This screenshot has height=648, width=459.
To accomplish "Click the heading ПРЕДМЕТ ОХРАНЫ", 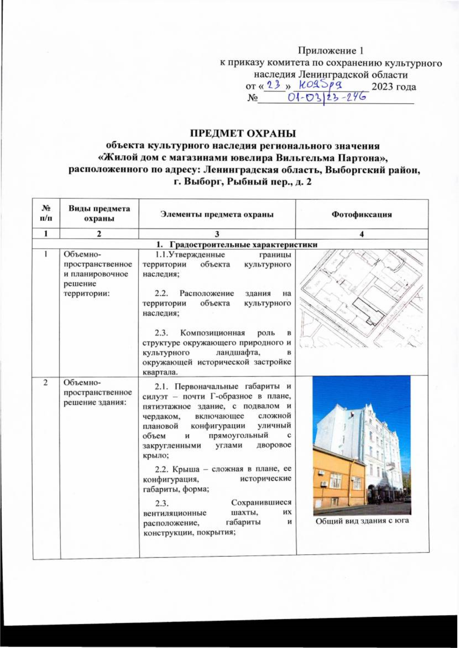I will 244,134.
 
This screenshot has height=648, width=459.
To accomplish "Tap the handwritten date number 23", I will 274,85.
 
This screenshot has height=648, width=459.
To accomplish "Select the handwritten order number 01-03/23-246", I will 326,98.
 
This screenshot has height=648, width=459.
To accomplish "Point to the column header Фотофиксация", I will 362,214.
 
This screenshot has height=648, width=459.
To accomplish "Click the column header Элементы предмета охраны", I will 217,214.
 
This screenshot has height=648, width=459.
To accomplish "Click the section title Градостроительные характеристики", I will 243,245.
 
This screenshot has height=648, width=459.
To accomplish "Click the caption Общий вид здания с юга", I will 362,520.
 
